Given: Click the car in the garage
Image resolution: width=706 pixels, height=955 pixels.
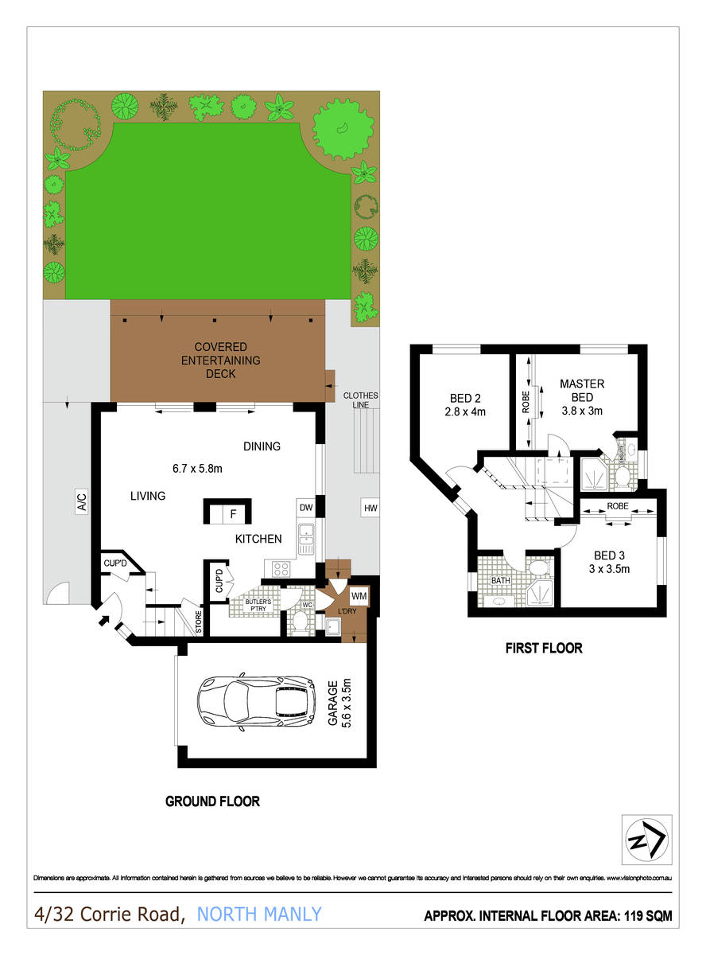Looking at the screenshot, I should pos(255,702).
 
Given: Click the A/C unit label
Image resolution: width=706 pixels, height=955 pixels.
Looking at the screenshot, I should pos(81,502).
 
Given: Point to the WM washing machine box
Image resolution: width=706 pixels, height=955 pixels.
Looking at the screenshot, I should pos(358,594).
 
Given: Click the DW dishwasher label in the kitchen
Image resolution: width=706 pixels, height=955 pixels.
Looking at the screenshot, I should pos(305,508).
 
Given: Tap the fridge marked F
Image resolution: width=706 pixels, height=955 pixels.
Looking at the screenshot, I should pos(233,513).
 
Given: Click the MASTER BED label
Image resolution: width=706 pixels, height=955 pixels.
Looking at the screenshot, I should pos(581,391).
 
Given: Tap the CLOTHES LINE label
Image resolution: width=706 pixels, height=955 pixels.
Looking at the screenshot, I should pos(360,400).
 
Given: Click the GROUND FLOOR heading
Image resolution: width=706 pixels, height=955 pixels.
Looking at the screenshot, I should pos(212,801).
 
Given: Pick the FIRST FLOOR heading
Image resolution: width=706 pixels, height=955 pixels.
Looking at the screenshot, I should pos(544,648).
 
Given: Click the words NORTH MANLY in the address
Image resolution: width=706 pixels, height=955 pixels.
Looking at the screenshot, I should pos(259,914).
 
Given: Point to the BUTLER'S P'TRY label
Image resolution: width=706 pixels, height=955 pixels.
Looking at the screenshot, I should pos(258,605).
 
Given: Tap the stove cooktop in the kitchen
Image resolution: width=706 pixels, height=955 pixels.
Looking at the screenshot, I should pos(281,568).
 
